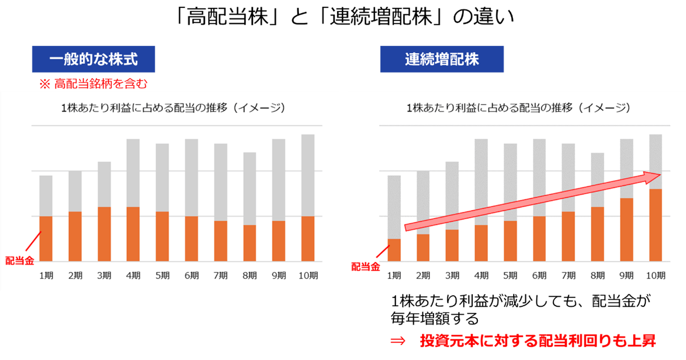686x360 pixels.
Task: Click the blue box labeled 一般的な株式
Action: pyautogui.click(x=93, y=59)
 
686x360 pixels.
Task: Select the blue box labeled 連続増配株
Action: pyautogui.click(x=442, y=59)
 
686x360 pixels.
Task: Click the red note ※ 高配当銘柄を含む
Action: pyautogui.click(x=92, y=83)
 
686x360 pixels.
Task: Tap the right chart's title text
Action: pyautogui.click(x=518, y=108)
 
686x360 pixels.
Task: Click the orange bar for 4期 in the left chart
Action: pyautogui.click(x=133, y=234)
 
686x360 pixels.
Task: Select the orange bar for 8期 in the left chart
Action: pyautogui.click(x=249, y=243)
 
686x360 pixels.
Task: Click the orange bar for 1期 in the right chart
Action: pyautogui.click(x=394, y=250)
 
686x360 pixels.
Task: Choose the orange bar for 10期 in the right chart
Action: pyautogui.click(x=655, y=225)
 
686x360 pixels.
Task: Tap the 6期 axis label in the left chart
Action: pyautogui.click(x=192, y=275)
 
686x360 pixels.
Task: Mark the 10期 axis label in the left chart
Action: pyautogui.click(x=308, y=275)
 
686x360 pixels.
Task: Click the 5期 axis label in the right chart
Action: pyautogui.click(x=510, y=275)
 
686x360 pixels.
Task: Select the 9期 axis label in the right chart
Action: pyautogui.click(x=626, y=275)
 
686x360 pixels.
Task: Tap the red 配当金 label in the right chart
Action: pyautogui.click(x=365, y=267)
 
